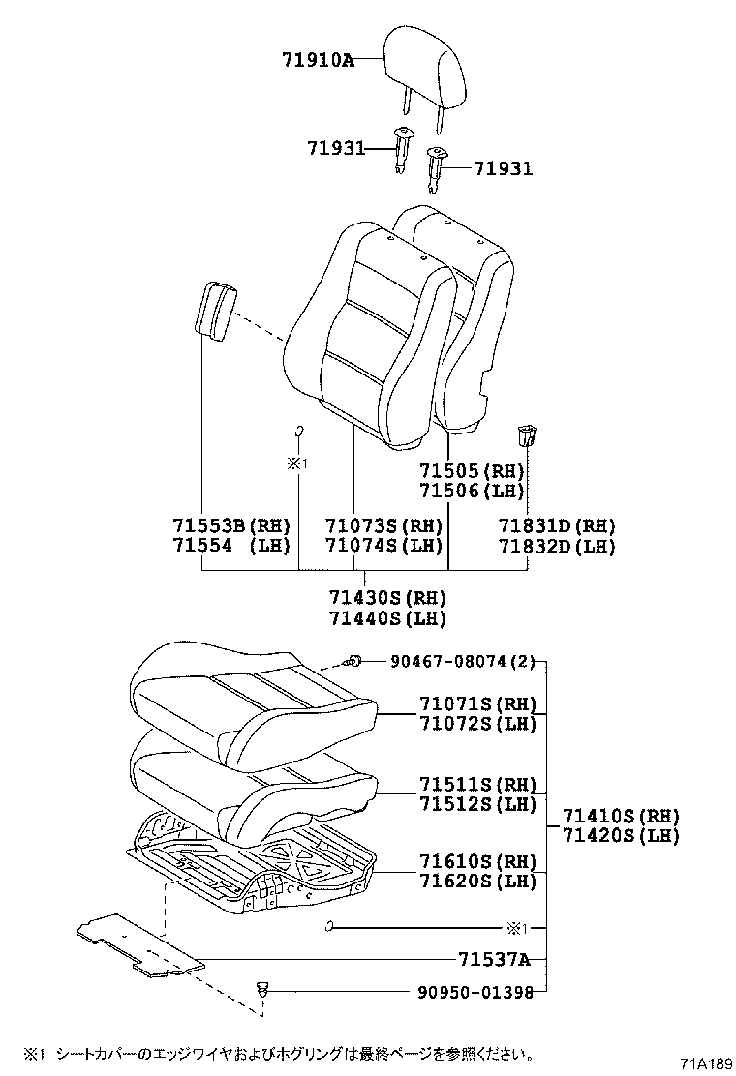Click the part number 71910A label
[317, 60]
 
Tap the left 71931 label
[335, 148]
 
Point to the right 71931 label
[503, 169]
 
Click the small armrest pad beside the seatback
[216, 310]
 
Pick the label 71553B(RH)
[231, 525]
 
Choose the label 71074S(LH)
[383, 546]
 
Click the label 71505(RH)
[471, 470]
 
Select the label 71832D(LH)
[557, 546]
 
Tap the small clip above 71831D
[528, 434]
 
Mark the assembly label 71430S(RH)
[386, 597]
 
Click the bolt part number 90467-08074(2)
[462, 662]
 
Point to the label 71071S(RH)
[477, 703]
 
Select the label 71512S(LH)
[477, 803]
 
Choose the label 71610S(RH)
[477, 860]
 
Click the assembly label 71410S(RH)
[621, 816]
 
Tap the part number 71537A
[494, 959]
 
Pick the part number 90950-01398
[462, 992]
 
